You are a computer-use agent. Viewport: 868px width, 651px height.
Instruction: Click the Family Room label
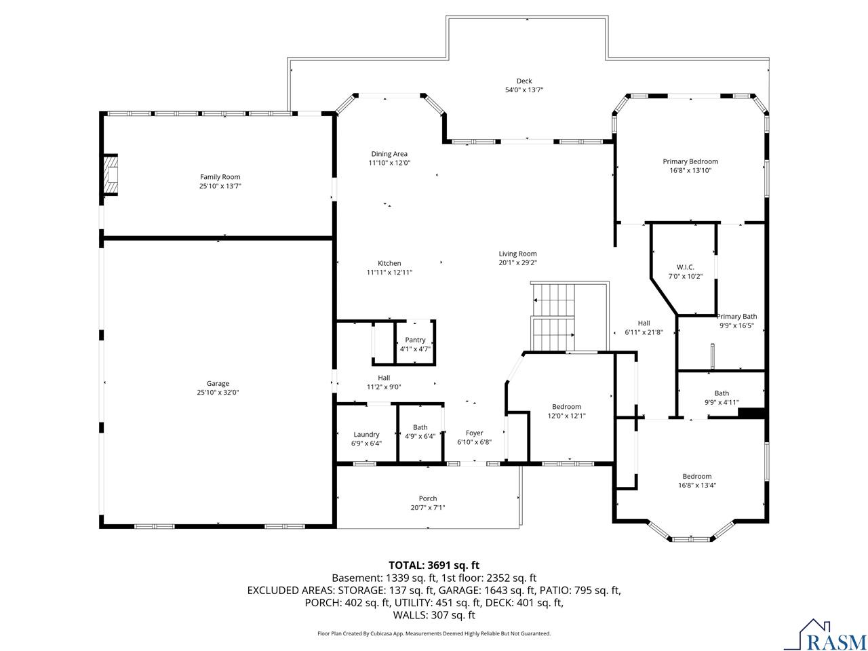coord(220,177)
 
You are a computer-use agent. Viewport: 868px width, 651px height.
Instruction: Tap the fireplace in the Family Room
coord(111,174)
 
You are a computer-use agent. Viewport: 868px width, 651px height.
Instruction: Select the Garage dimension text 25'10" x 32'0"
coord(218,393)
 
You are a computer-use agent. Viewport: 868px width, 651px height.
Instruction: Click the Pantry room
coord(415,342)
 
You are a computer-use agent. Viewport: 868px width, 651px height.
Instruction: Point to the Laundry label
coord(366,435)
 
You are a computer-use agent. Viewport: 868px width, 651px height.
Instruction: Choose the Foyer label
coord(474,433)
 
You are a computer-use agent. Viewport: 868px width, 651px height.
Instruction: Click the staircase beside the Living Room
coord(553,317)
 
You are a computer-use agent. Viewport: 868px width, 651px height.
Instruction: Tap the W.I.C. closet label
coord(686,267)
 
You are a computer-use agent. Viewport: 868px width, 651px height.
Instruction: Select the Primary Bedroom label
coord(690,161)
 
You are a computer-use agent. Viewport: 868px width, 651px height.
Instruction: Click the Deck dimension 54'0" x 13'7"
coord(524,90)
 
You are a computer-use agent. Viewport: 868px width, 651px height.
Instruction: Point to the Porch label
coord(428,498)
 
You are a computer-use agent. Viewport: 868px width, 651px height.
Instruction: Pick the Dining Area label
coord(389,154)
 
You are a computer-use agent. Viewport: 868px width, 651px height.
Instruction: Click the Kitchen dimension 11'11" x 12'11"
coord(389,273)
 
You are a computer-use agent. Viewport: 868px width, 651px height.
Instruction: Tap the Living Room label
coord(517,254)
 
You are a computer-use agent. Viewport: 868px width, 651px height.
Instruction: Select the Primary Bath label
coord(736,316)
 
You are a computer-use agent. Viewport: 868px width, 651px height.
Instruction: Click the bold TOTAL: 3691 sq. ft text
coord(434,566)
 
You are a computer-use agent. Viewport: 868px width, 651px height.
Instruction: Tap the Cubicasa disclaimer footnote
coord(434,633)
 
